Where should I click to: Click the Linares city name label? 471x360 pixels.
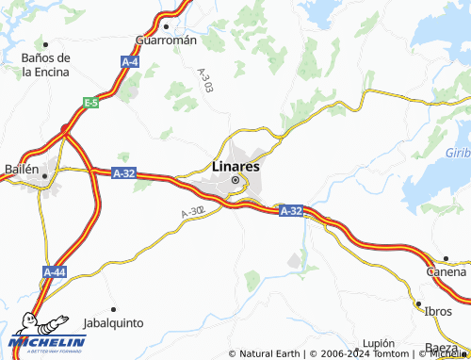[235, 166]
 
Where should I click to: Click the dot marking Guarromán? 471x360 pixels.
[165, 27]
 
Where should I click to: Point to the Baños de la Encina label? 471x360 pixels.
[45, 64]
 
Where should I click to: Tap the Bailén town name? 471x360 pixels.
[19, 170]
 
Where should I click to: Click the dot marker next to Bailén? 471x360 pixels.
[43, 173]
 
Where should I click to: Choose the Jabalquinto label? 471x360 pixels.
[113, 322]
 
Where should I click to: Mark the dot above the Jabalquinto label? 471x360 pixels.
[113, 309]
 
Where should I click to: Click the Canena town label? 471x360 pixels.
[446, 271]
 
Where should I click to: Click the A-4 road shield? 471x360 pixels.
[130, 61]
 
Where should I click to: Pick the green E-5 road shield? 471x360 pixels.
[90, 103]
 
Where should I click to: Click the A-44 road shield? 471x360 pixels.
[55, 271]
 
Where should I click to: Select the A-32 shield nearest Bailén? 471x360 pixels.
[124, 173]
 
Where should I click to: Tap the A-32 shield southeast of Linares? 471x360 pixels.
[291, 212]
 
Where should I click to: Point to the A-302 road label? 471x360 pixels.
[191, 214]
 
